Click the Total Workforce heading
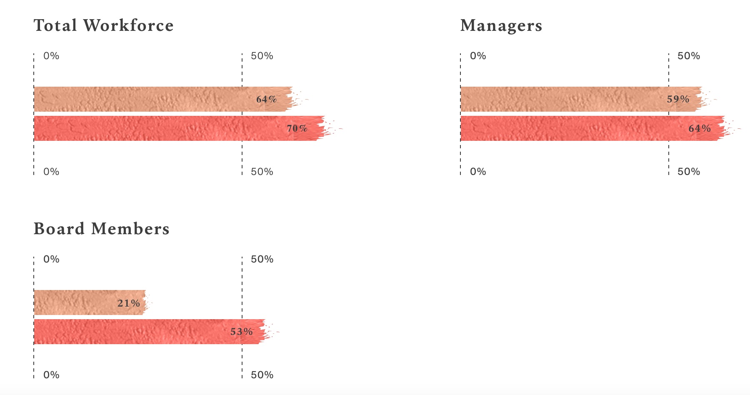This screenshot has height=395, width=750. (x=103, y=25)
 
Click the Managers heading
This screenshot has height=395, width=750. (x=501, y=25)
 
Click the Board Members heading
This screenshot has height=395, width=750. (x=101, y=229)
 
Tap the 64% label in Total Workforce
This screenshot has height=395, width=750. (x=266, y=99)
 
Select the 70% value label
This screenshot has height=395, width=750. (x=297, y=128)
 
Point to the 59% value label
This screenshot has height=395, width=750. (x=678, y=99)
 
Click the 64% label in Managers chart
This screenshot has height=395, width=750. (x=700, y=128)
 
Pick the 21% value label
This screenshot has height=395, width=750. (x=128, y=303)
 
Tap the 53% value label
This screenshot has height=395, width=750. (x=242, y=332)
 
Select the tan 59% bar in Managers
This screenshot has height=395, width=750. (x=562, y=99)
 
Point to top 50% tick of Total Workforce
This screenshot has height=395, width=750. (x=262, y=56)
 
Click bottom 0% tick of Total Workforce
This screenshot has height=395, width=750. (x=51, y=172)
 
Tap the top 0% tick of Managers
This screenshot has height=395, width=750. (x=478, y=56)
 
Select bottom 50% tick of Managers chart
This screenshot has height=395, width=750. (x=688, y=172)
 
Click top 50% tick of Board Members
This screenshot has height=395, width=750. (x=262, y=259)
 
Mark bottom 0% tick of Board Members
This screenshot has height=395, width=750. (x=51, y=375)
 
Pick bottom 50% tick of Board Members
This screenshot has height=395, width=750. (x=262, y=375)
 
